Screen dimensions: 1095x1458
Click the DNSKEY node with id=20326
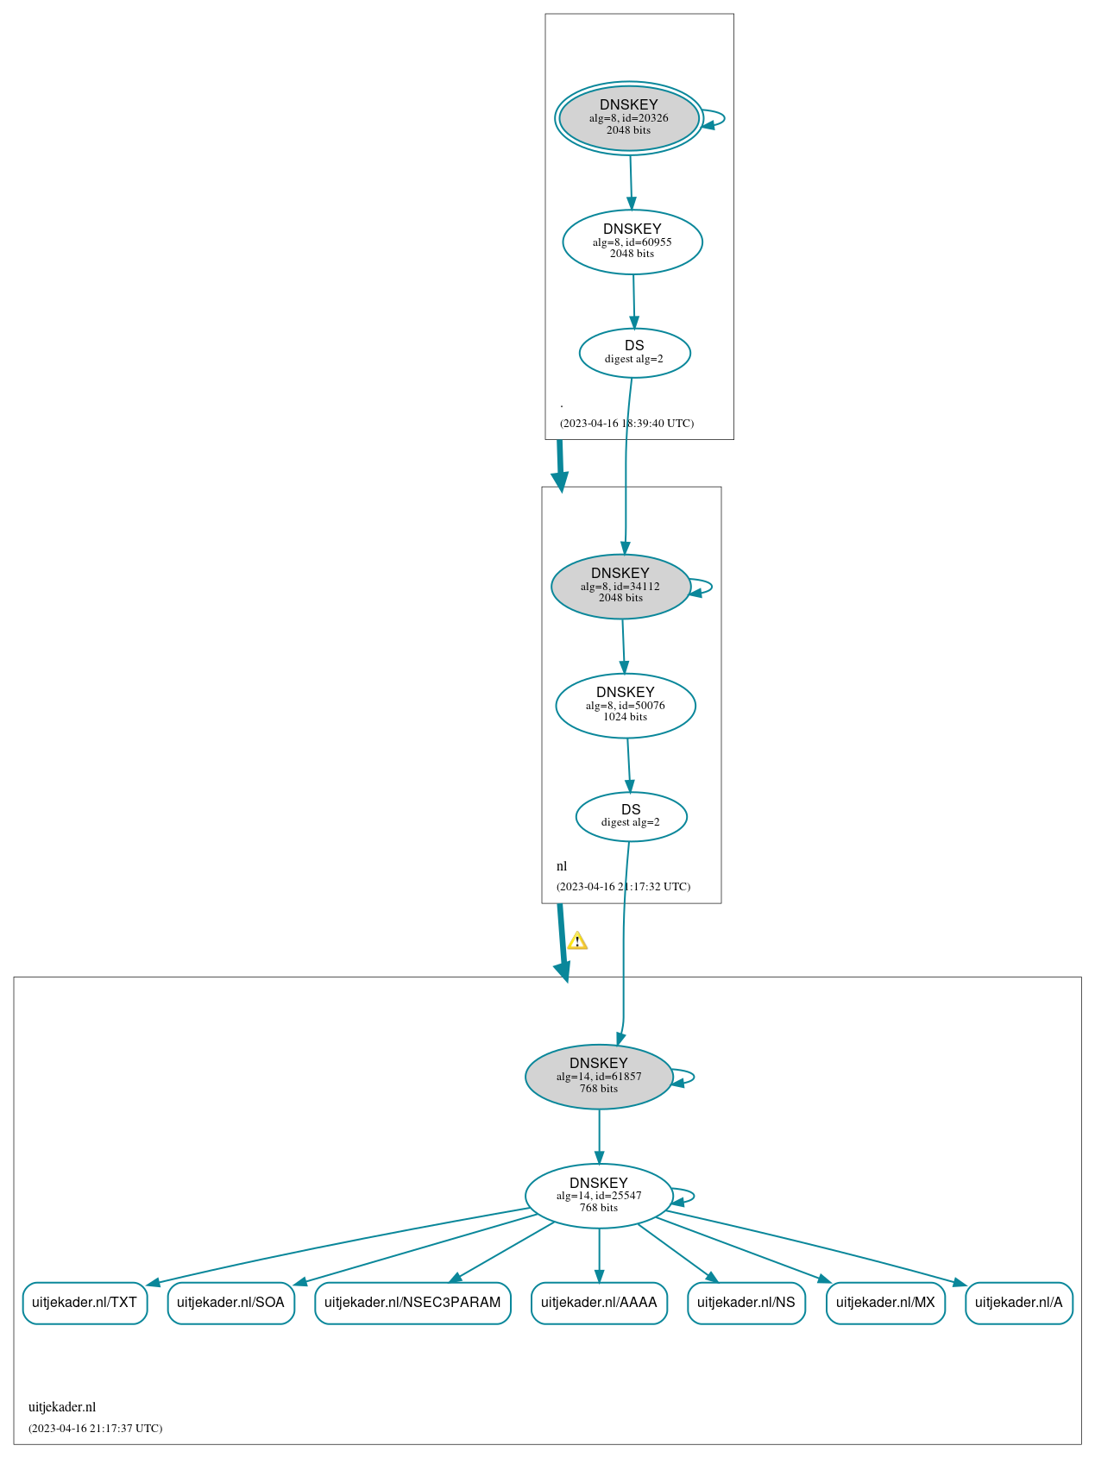tap(629, 118)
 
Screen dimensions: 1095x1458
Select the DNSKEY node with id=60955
tap(632, 242)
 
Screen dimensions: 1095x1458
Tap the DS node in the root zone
tap(634, 353)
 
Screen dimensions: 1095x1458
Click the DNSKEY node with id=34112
tap(620, 587)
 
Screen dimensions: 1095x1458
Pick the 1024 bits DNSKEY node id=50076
tap(626, 706)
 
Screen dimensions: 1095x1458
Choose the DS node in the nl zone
tap(631, 816)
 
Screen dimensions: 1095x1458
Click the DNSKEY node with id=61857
tap(599, 1077)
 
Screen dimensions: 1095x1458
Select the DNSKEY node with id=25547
tap(599, 1196)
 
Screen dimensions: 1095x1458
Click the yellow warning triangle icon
tap(577, 940)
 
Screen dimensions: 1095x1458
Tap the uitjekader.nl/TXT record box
tap(85, 1303)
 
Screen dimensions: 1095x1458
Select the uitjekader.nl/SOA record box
tap(230, 1303)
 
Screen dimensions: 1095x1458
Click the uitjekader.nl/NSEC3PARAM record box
tap(412, 1303)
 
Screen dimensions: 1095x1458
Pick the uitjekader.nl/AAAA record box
tap(599, 1303)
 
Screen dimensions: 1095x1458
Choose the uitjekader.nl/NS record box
tap(746, 1303)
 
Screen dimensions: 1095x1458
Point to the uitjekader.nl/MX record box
tap(885, 1303)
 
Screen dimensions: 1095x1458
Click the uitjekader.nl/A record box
tap(1019, 1303)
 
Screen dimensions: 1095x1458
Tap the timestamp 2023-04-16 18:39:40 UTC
tap(626, 424)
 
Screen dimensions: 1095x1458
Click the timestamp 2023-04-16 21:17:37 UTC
tap(95, 1429)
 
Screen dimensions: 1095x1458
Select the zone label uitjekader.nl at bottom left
tap(62, 1407)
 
